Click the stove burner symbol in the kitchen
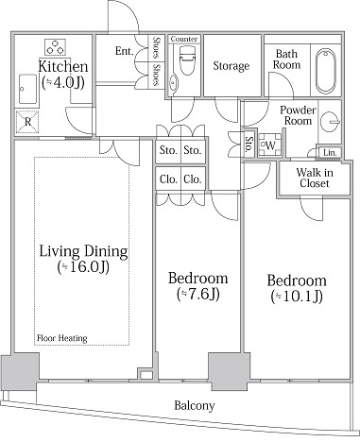(55, 47)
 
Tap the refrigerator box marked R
(26, 122)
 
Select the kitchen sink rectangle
(27, 89)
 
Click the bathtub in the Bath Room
(325, 71)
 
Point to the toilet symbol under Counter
(187, 60)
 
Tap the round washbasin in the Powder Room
(330, 121)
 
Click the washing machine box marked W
(270, 145)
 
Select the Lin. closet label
(330, 153)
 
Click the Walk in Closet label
(315, 178)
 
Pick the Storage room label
(231, 65)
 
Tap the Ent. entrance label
(125, 51)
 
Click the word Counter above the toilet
(184, 39)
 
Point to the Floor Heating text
(62, 338)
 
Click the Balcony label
(195, 405)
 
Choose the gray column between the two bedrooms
(229, 371)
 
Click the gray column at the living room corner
(20, 372)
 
